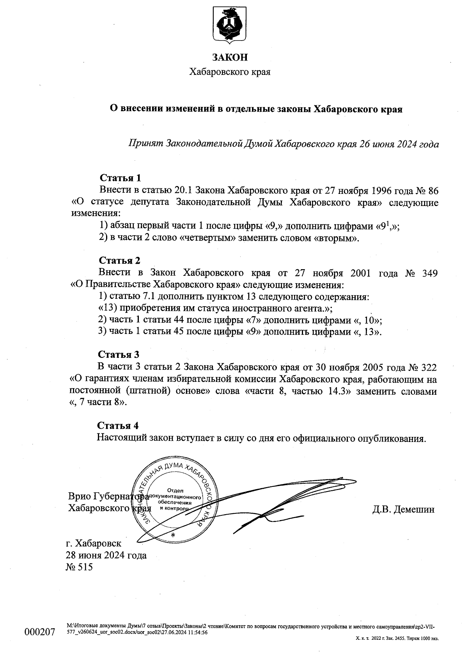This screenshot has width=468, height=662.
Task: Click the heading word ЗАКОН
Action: point(230,58)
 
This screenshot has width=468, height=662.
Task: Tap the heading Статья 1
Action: point(120,178)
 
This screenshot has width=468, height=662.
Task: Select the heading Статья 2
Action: point(119,261)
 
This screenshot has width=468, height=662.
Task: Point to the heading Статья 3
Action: point(119,355)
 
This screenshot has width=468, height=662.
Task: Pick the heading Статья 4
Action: point(118,425)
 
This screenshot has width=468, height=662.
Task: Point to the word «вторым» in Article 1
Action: point(335,238)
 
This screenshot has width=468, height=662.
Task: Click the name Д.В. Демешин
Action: point(403,509)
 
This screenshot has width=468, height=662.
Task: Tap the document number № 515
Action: point(80,567)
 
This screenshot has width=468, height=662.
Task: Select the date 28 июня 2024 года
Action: point(106,555)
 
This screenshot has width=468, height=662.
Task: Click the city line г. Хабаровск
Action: point(94,543)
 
